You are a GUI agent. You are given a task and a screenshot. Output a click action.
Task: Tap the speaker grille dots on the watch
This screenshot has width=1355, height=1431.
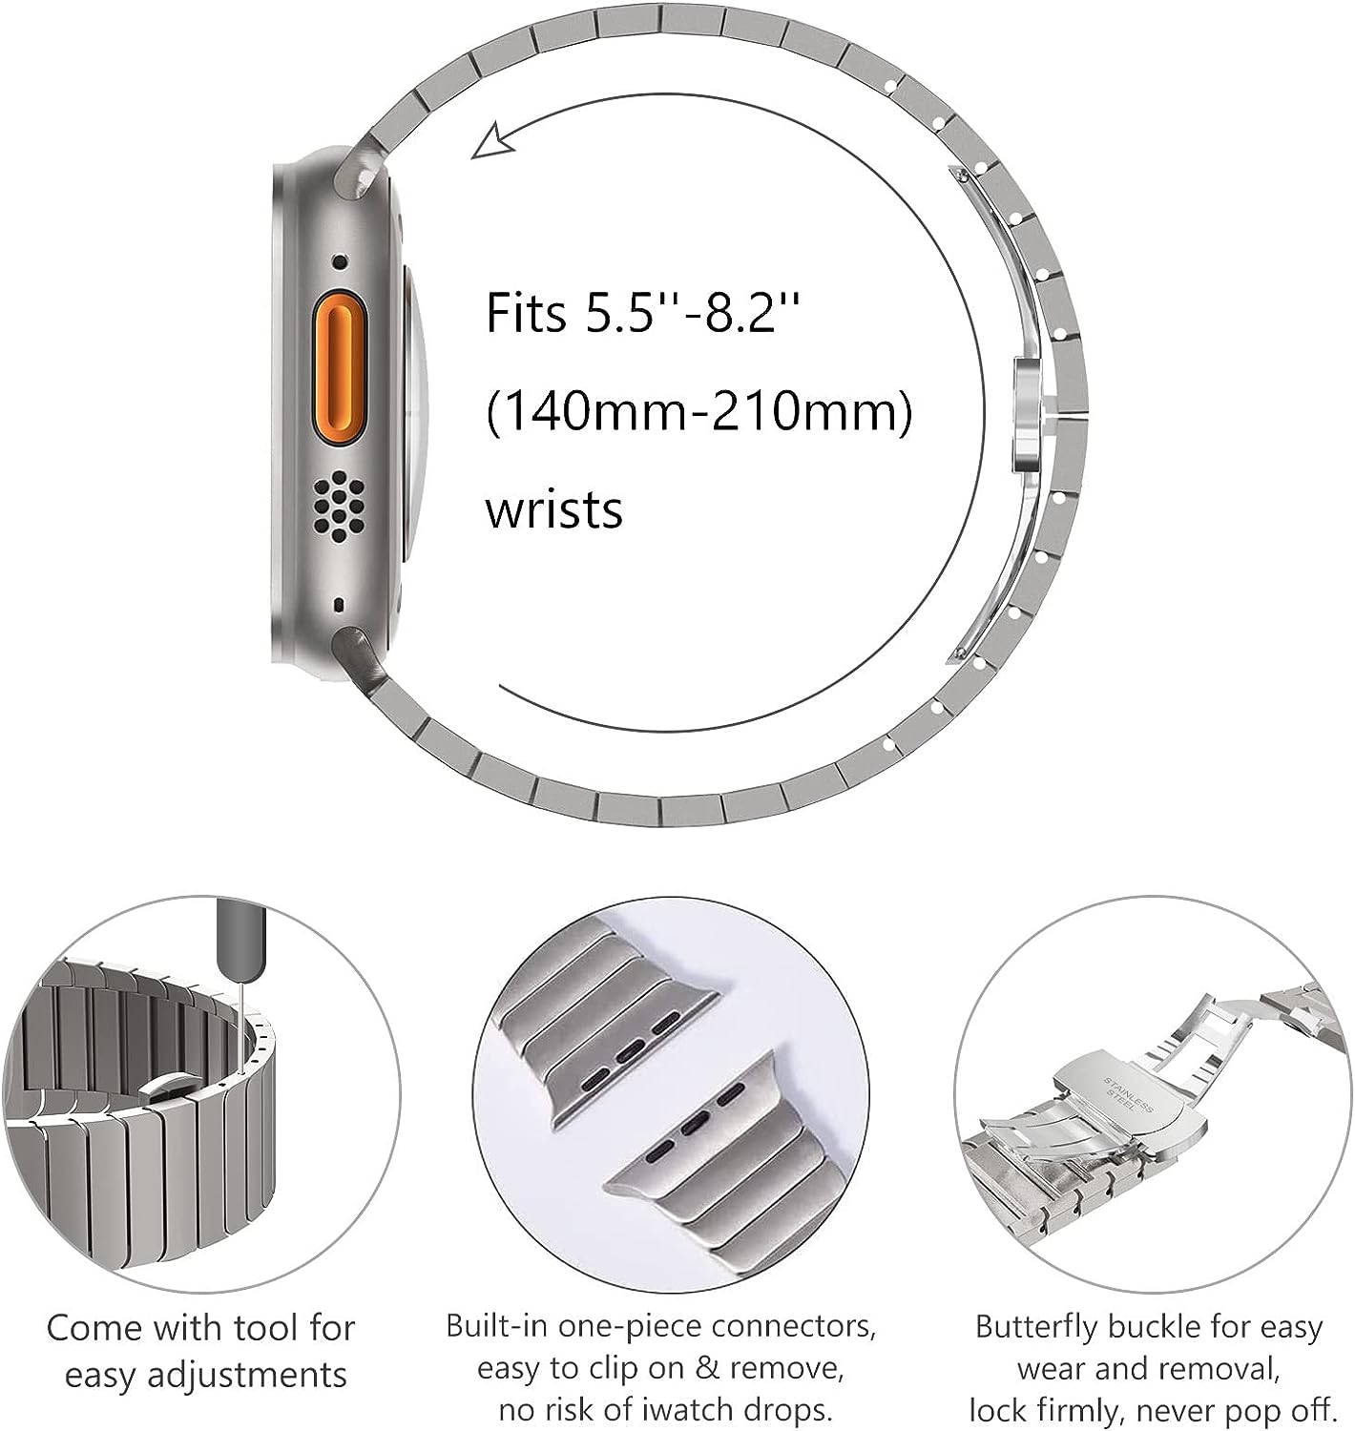(338, 502)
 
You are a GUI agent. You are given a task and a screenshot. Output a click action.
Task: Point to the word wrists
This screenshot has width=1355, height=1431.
(553, 508)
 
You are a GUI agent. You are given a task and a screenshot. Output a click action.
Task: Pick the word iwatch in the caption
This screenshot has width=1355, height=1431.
(711, 1409)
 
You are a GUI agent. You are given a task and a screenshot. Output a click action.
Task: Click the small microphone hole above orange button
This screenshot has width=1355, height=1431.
(339, 261)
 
